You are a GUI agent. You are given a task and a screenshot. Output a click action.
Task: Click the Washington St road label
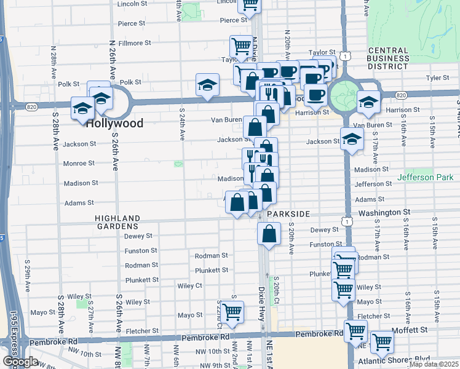pyautogui.click(x=384, y=212)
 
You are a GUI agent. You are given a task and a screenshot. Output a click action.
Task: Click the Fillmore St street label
pyautogui.click(x=135, y=43)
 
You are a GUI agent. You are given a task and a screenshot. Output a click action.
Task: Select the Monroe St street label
pyautogui.click(x=79, y=164)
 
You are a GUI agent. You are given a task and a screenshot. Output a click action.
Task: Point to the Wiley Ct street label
pyautogui.click(x=189, y=286)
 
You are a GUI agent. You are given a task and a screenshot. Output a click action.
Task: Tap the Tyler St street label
pyautogui.click(x=438, y=78)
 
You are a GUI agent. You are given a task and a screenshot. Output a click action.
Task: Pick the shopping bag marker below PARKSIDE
pyautogui.click(x=270, y=233)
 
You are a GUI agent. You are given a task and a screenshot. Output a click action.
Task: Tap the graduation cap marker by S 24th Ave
pyautogui.click(x=208, y=84)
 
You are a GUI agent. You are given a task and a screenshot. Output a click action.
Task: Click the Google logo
pyautogui.click(x=20, y=362)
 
